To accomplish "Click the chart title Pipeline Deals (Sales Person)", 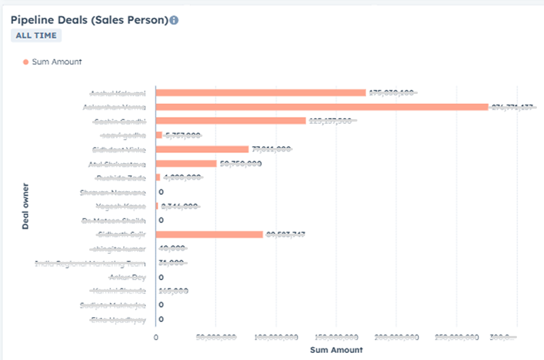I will coord(89,20).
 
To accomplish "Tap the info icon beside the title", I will coord(174,20).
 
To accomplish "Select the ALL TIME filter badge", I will coord(36,35).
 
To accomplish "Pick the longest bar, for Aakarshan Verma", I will coord(322,107).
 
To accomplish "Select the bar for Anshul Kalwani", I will coord(261,93).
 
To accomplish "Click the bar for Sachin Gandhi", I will coord(231,121).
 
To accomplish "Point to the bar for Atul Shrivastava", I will coord(186,164).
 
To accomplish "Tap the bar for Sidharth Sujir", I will coord(209,235).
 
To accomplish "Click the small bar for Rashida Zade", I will coord(158,178).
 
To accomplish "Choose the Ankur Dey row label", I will coord(127,277).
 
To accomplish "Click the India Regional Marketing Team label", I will coord(90,263).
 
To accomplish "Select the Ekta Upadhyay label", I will coord(118,319).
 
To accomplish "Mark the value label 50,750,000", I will coord(241,164).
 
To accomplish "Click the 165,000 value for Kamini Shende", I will coord(173,291).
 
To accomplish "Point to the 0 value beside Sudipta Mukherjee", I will coord(161,305).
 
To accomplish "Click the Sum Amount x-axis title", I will coord(336,350).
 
